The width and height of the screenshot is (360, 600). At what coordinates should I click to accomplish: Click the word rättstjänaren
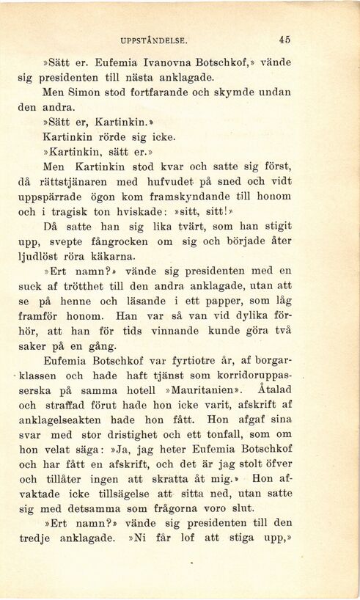(x=78, y=181)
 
